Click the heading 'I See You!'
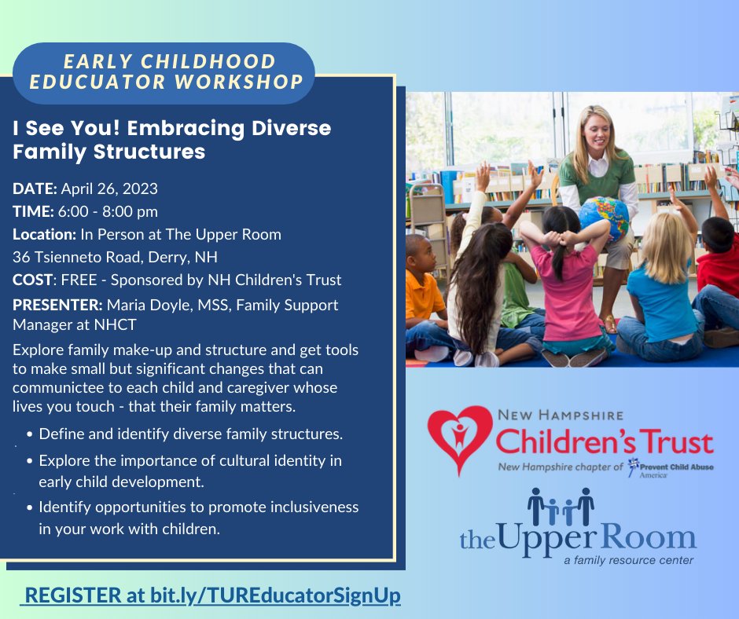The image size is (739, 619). [59, 128]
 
